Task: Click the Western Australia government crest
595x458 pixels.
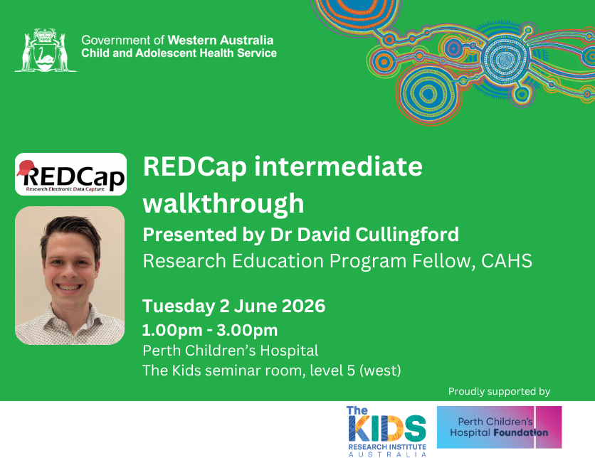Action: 46,50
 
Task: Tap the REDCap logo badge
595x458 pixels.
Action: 70,174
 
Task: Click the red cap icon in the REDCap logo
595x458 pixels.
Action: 26,168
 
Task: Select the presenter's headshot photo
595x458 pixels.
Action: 70,276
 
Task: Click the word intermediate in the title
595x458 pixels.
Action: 338,166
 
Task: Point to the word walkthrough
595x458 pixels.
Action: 223,203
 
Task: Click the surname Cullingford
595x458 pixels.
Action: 407,235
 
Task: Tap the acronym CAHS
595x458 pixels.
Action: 507,261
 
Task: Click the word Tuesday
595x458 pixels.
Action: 179,307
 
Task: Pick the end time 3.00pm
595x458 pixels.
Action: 247,330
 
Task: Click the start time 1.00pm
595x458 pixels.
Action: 172,330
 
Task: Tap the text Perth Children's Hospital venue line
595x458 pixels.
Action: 231,351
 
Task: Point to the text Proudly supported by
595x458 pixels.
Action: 499,391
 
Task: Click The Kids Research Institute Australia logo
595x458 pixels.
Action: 386,432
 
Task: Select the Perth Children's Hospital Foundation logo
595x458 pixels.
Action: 500,427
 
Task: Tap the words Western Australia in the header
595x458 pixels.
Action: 221,41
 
